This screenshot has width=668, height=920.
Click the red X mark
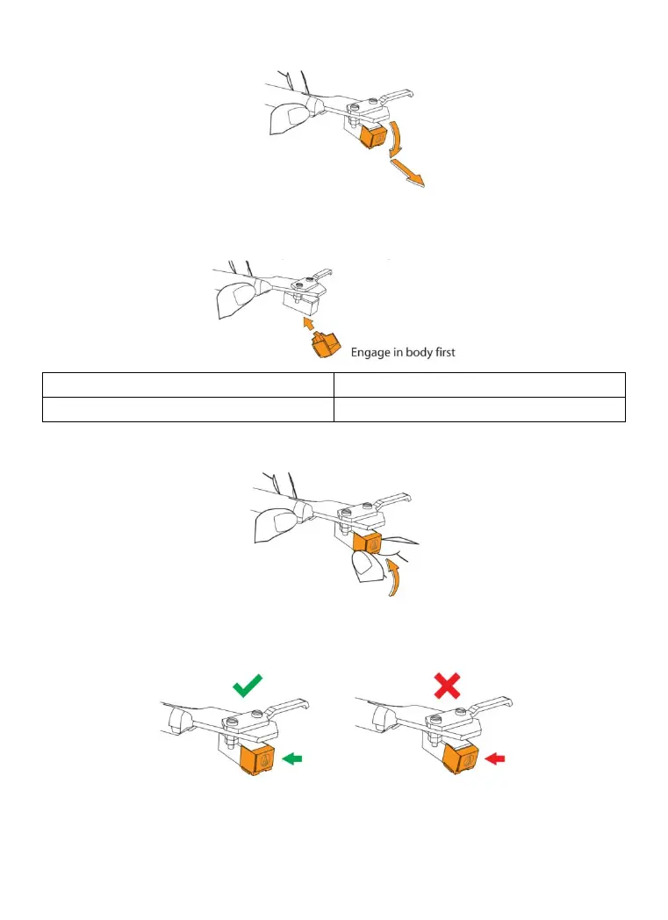[447, 684]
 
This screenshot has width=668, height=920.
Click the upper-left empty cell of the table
[188, 385]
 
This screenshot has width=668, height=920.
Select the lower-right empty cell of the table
[479, 409]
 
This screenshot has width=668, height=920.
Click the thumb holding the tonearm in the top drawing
[288, 117]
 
